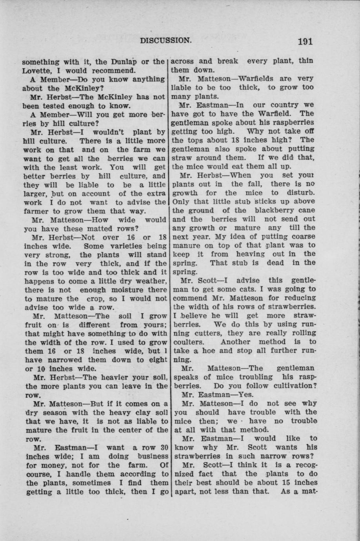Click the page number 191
pyautogui.click(x=305, y=41)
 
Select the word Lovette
pyautogui.click(x=36, y=71)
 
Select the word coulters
pyautogui.click(x=186, y=342)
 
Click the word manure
pyautogui.click(x=186, y=245)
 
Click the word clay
pyautogui.click(x=125, y=412)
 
